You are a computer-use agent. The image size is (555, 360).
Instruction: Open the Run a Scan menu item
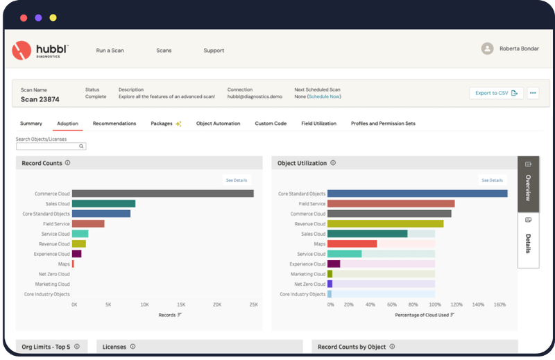[x=110, y=51]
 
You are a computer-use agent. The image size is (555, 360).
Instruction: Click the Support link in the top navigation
[x=214, y=51]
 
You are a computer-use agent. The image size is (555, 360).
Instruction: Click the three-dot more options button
[x=533, y=93]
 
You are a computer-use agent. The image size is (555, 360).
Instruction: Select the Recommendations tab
[x=114, y=123]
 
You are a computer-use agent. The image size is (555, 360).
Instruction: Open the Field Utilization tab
[x=318, y=123]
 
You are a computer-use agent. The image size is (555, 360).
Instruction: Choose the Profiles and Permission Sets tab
[x=383, y=123]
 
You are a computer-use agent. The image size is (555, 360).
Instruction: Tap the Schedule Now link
[x=324, y=96]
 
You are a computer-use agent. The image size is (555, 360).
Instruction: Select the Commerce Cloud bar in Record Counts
[x=162, y=194]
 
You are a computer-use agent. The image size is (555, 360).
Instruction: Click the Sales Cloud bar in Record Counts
[x=103, y=204]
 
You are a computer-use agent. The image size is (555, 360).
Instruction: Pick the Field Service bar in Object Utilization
[x=391, y=204]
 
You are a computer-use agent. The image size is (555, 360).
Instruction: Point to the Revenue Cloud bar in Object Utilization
[x=385, y=224]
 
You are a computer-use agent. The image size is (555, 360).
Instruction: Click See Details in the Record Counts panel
[x=236, y=180]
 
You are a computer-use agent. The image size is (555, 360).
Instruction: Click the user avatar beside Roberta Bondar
[x=488, y=49]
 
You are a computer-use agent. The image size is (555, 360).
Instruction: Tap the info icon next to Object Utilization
[x=333, y=164]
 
